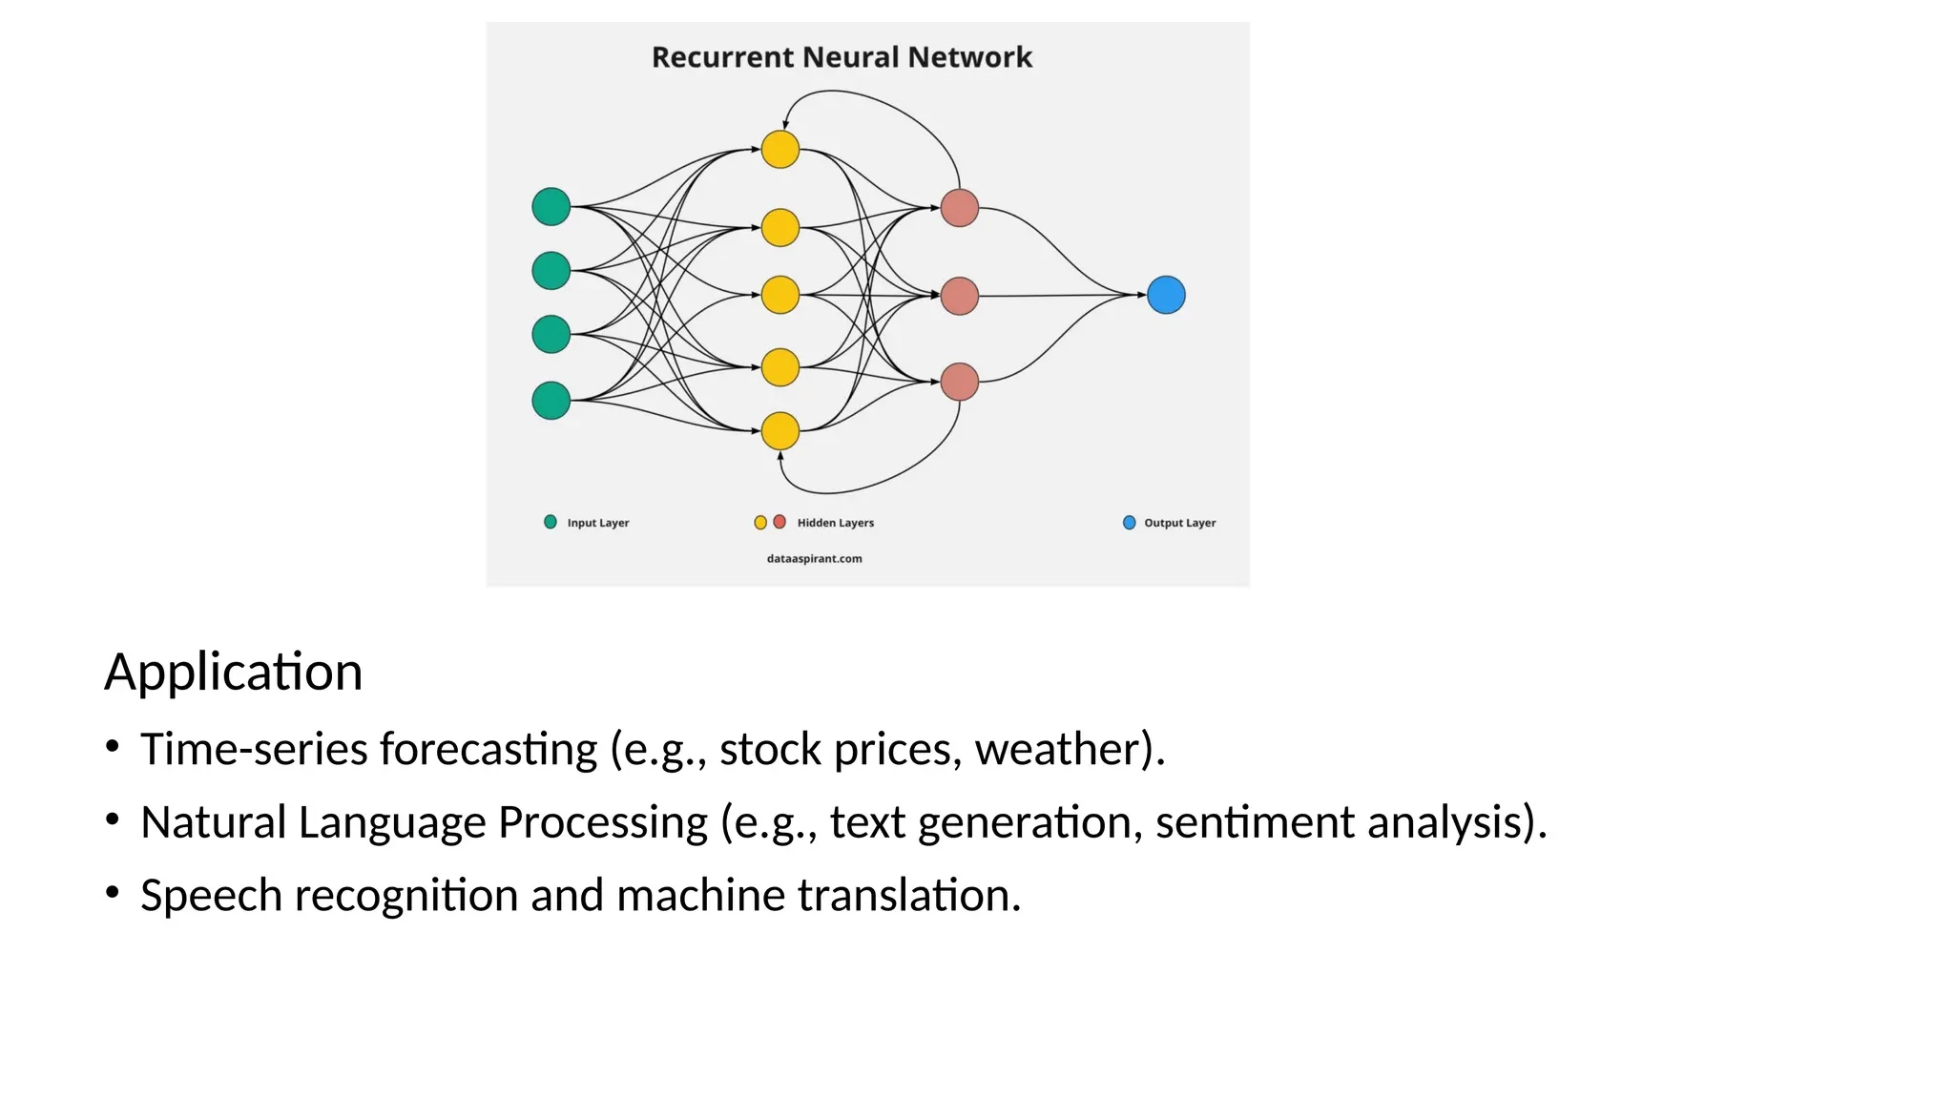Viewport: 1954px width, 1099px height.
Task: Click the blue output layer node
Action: click(1166, 295)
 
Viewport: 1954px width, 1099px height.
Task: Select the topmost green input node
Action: click(551, 207)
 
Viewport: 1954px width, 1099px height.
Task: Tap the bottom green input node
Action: click(551, 401)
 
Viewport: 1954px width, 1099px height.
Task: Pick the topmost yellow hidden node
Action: click(780, 150)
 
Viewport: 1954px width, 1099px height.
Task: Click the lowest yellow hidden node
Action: click(780, 431)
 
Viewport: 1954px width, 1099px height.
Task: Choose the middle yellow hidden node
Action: click(780, 296)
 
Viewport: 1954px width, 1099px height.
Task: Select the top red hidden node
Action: click(960, 208)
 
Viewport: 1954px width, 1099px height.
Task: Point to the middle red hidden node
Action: click(960, 296)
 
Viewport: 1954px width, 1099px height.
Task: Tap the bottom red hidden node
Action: click(960, 382)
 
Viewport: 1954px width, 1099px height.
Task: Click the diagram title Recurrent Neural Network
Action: click(842, 57)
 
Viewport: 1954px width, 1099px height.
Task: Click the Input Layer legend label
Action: click(598, 523)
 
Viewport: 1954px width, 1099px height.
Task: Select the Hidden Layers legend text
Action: click(835, 523)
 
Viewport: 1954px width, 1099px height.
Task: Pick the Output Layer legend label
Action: click(1179, 523)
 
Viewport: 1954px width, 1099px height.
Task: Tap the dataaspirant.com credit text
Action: click(814, 559)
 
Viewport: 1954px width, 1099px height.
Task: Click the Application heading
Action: click(234, 672)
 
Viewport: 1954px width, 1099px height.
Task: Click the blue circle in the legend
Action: click(1129, 523)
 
